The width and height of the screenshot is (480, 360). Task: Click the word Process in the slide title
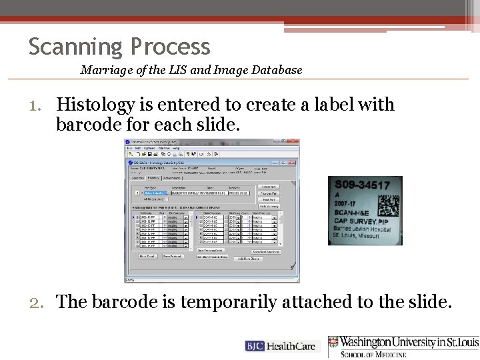coord(171,47)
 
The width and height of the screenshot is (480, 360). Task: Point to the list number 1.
coord(36,105)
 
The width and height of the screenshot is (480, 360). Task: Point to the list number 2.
coord(37,302)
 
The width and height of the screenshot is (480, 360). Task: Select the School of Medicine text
coord(373,354)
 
